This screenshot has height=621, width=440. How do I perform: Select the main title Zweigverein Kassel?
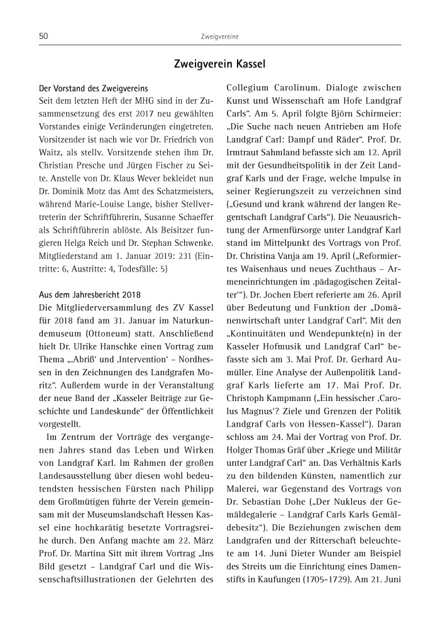(x=219, y=64)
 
